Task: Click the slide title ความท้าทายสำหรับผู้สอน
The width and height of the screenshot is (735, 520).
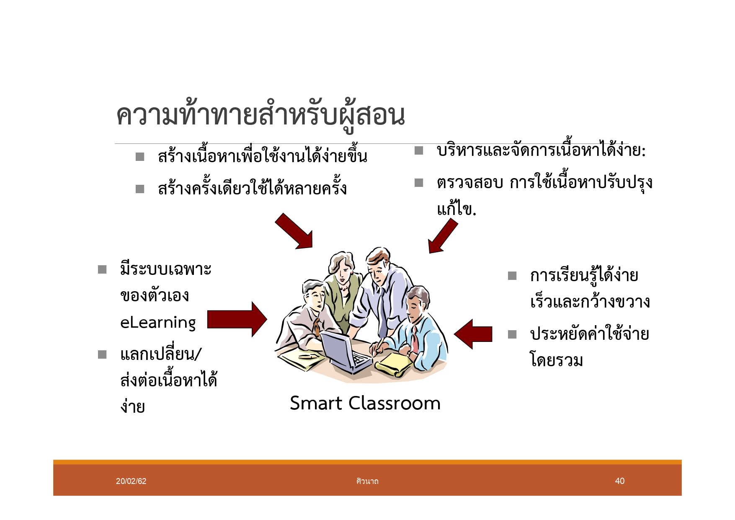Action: pos(260,115)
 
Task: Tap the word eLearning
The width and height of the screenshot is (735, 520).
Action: pos(158,322)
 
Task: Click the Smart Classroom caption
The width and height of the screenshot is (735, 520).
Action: pos(365,403)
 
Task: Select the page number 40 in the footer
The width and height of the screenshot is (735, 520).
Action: pos(619,481)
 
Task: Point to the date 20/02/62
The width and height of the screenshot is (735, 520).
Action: pos(131,481)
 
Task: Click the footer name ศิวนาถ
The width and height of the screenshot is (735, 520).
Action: pos(367,481)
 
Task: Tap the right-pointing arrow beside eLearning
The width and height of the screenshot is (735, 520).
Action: pos(237,319)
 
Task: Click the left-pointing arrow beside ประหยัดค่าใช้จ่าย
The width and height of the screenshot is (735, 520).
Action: pos(473,334)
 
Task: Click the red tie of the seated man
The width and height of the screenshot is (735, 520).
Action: pos(415,339)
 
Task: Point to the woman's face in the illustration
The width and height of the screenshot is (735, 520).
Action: pos(343,274)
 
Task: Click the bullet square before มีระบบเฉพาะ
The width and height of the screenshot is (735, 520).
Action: pos(102,269)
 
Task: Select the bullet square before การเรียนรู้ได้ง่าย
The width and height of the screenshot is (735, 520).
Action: pos(512,276)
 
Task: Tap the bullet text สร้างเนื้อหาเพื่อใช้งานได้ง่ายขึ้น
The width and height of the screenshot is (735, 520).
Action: pos(263,156)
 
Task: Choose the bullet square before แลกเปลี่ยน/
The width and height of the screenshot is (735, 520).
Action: pos(102,355)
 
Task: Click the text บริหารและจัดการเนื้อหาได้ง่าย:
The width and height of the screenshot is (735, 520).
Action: pos(541,150)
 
